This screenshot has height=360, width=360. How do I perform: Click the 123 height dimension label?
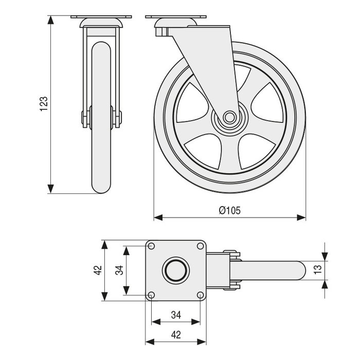pos(44,104)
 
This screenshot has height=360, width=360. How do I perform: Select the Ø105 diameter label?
pos(229,210)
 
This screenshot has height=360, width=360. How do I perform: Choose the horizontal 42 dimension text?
pos(175,335)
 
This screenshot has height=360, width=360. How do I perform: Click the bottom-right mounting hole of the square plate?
pos(200,294)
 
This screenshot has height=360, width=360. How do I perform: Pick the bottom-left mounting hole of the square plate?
pos(152,294)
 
